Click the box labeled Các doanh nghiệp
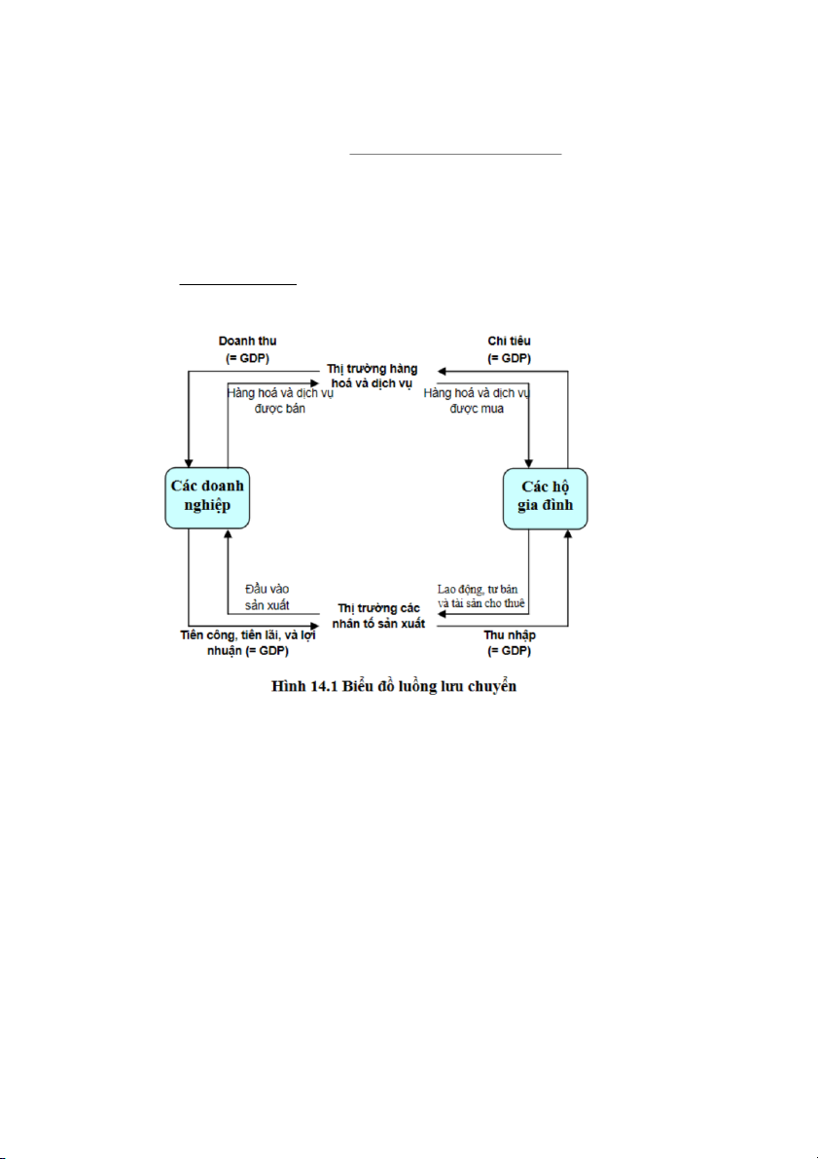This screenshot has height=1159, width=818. point(207,497)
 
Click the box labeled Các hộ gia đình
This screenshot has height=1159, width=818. point(546,498)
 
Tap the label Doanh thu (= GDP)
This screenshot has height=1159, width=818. point(248,349)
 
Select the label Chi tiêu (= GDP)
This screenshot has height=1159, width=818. point(509,349)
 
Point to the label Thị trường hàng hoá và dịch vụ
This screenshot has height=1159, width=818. point(373,377)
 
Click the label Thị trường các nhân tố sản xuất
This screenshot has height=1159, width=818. point(378,616)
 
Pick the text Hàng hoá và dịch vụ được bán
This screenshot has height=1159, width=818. point(280,401)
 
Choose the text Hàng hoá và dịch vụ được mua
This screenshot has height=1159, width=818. point(477,401)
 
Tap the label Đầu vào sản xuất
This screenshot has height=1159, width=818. point(267,598)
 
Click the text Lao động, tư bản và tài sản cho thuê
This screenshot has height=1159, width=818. point(481,596)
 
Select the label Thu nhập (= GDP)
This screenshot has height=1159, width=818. point(509,643)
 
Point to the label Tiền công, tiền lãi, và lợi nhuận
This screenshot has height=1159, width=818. point(248,643)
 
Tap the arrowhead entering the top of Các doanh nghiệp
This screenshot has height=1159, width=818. point(189,462)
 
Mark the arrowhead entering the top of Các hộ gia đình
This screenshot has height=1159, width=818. point(528,463)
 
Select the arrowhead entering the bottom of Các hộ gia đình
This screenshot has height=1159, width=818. point(567,534)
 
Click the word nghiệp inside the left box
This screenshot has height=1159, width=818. point(207,506)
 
